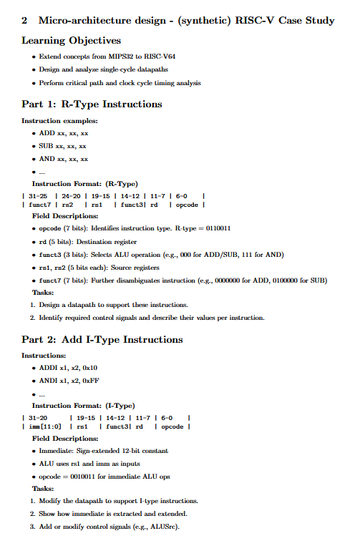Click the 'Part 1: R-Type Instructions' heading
[92, 104]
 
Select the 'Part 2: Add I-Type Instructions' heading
[102, 339]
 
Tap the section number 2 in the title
[25, 20]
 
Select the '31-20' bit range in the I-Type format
[37, 417]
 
